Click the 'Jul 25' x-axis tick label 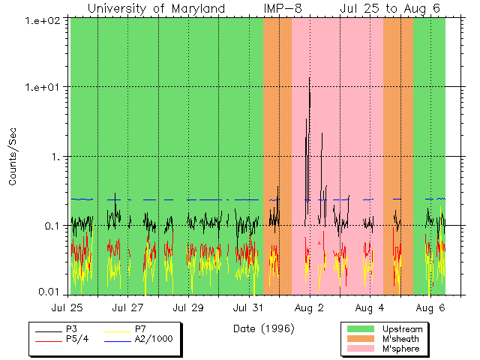(67, 307)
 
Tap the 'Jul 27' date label (128, 307)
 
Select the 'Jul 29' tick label (189, 307)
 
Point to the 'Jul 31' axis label (249, 307)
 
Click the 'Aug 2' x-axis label (309, 307)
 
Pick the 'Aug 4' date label (370, 307)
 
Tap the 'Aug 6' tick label (430, 307)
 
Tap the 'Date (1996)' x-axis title (262, 328)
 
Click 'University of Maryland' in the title (156, 8)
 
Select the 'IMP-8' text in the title (283, 8)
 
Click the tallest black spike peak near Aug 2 (310, 78)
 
